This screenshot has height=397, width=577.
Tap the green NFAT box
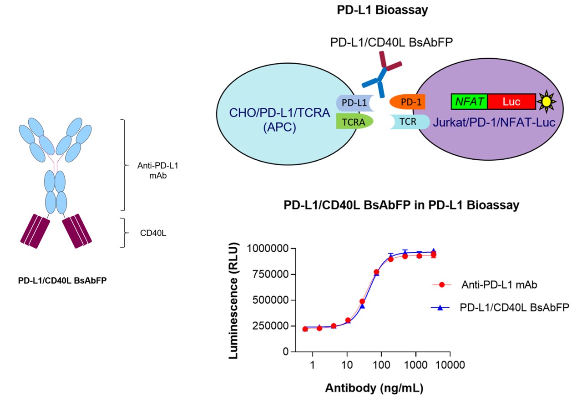469,101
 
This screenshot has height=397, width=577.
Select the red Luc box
511,101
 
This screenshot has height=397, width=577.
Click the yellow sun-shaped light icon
544,102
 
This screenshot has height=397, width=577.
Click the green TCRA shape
354,122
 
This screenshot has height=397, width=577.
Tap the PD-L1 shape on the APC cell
354,103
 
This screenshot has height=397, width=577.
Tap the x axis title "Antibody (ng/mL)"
374,388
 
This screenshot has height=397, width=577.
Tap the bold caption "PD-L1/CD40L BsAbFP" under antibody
62,281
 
